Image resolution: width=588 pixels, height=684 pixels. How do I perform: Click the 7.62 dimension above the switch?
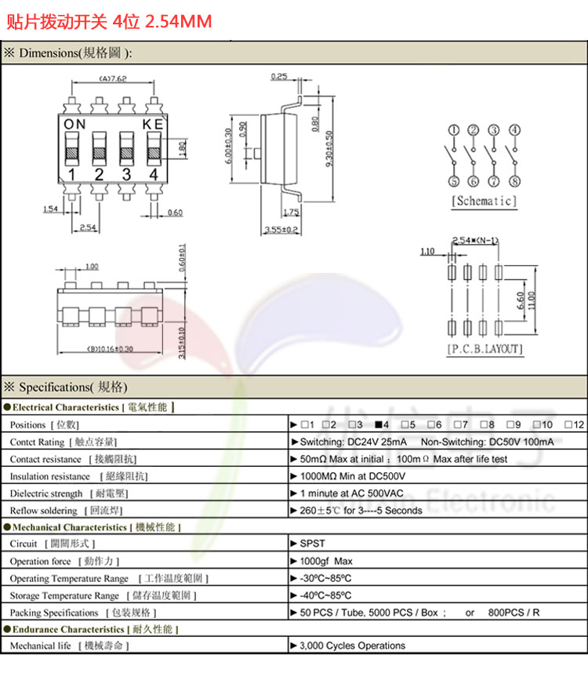(114, 79)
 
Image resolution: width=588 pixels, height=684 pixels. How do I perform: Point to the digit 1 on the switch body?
(72, 174)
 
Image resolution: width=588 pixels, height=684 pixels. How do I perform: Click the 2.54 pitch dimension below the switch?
(88, 227)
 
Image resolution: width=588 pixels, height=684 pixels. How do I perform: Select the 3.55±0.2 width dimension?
(281, 229)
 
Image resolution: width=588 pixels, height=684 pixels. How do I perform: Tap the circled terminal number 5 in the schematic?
(454, 182)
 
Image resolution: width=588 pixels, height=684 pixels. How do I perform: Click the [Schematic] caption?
(484, 202)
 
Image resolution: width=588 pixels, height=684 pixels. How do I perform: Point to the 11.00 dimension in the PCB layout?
(532, 300)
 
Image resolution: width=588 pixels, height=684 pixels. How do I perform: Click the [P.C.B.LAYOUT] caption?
(485, 349)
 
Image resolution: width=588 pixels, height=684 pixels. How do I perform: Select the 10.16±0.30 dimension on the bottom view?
(110, 349)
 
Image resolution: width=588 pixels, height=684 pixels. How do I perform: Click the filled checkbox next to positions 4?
(379, 424)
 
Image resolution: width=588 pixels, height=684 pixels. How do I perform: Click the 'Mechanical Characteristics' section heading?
(69, 527)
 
